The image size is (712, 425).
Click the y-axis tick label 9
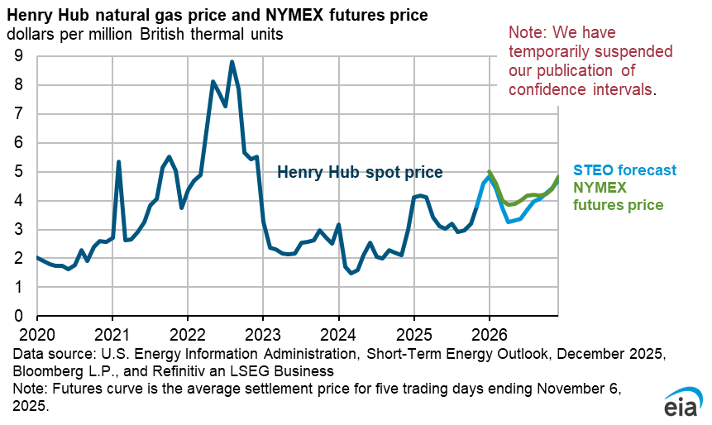(17, 56)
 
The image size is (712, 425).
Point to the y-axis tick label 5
(17, 172)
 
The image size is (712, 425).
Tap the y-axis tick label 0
(17, 316)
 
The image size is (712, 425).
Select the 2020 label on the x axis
(36, 337)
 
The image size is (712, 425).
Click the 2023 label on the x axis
(263, 337)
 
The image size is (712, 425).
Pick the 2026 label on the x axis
(490, 337)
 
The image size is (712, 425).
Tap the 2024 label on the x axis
(338, 337)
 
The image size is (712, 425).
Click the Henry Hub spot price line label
(360, 173)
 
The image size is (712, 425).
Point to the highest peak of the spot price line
(232, 61)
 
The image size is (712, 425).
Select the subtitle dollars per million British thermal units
(146, 35)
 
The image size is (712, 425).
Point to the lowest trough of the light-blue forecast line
(509, 222)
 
